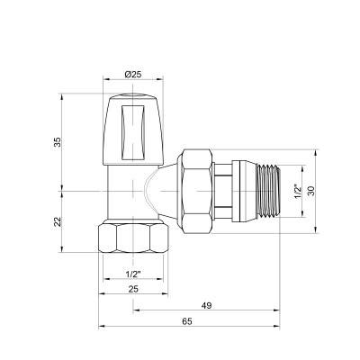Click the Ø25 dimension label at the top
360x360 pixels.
click(x=133, y=74)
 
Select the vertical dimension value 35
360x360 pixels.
click(x=58, y=142)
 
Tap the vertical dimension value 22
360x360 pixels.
click(x=58, y=221)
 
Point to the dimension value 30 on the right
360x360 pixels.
click(x=310, y=191)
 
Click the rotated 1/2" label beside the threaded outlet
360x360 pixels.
click(x=297, y=191)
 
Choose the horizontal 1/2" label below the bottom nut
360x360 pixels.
click(x=133, y=274)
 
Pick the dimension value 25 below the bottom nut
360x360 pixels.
click(x=133, y=289)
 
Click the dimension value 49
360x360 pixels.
click(x=206, y=306)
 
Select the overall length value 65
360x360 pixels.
click(x=186, y=321)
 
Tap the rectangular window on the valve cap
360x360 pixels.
click(x=133, y=132)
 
